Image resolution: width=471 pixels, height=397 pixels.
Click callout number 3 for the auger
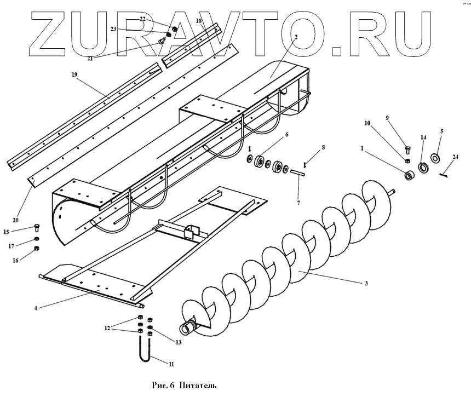[366, 283]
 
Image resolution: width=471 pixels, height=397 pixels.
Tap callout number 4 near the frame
[36, 308]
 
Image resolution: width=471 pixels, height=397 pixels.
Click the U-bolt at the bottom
[144, 350]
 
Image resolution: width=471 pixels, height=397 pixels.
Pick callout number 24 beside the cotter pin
[456, 157]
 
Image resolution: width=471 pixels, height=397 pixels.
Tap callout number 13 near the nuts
[178, 342]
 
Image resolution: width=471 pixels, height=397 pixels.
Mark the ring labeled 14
[423, 166]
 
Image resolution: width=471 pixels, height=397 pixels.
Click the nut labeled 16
[37, 249]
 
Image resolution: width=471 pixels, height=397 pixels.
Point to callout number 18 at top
[199, 20]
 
